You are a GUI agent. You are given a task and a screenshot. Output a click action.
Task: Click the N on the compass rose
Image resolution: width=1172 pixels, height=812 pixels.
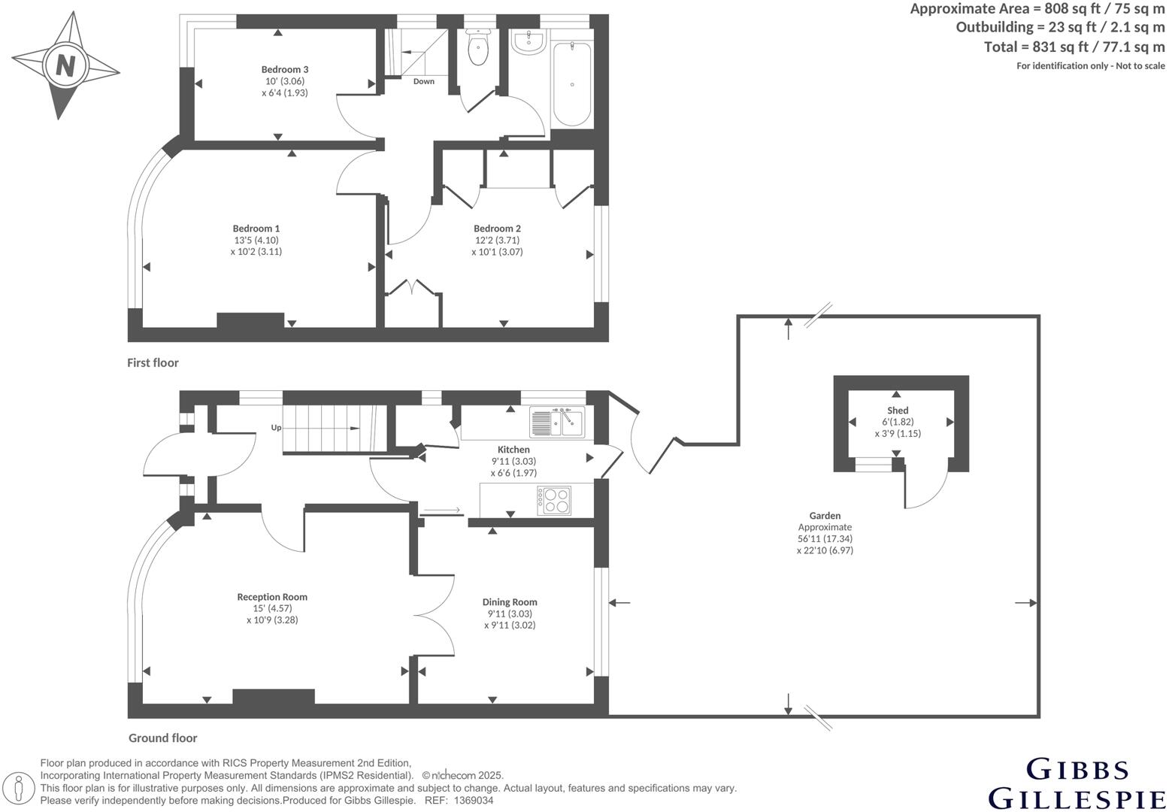point(65,65)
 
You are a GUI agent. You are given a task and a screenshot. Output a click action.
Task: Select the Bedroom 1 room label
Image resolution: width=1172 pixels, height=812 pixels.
point(256,229)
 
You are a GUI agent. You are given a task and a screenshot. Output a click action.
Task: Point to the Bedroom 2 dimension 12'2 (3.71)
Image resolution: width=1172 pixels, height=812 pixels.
point(496,241)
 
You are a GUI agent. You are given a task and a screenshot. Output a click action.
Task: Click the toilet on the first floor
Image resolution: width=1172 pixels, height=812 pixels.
point(477,50)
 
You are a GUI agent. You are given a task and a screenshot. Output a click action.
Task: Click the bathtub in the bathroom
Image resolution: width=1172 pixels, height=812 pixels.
point(572,84)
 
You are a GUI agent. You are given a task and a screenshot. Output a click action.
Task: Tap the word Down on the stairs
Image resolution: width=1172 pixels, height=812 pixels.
point(423,81)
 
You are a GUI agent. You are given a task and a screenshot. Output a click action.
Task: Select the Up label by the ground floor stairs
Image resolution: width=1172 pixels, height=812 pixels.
point(276,428)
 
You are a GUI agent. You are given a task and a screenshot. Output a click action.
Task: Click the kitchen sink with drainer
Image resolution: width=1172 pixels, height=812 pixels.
point(556,422)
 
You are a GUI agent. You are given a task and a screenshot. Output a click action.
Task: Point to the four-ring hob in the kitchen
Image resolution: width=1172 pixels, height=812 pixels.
point(554,501)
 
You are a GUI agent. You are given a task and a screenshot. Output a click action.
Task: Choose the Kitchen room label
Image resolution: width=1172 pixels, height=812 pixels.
point(513,450)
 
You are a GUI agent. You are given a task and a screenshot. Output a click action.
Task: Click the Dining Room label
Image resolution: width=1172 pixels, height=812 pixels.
point(510,602)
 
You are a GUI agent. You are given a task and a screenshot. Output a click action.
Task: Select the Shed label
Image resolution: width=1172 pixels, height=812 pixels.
point(898,411)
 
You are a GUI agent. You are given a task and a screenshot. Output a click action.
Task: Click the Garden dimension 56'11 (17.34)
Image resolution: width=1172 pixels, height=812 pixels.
point(825,539)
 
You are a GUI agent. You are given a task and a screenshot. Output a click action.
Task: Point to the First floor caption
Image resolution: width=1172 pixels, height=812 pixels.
point(153,363)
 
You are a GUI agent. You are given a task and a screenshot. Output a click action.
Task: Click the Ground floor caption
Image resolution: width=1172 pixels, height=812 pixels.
point(162,738)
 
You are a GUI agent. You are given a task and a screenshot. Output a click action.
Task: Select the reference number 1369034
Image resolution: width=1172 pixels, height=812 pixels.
point(472,801)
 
